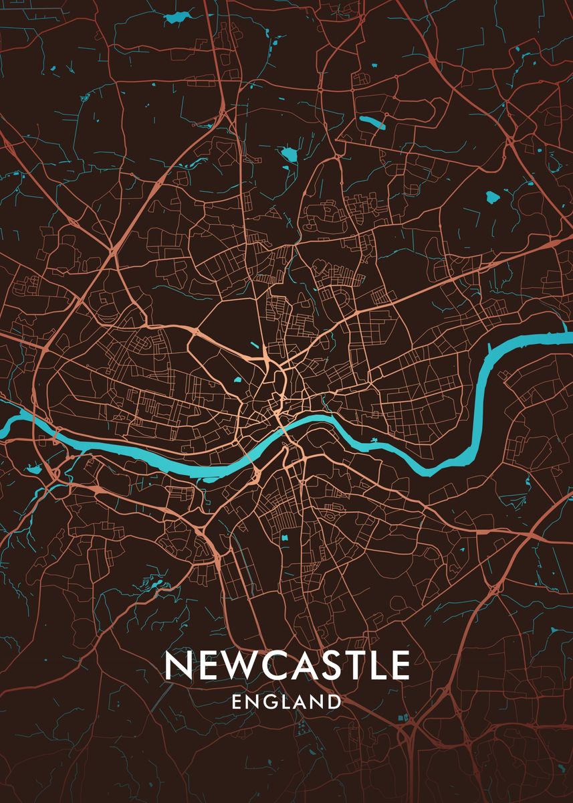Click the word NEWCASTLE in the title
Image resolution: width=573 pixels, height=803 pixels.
point(287,665)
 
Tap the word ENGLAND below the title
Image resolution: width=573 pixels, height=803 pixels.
point(286,702)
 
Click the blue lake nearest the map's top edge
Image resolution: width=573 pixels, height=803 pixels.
point(178,18)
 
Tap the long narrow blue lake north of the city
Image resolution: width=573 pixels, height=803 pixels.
point(372,122)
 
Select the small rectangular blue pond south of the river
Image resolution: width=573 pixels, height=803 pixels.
point(285,537)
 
